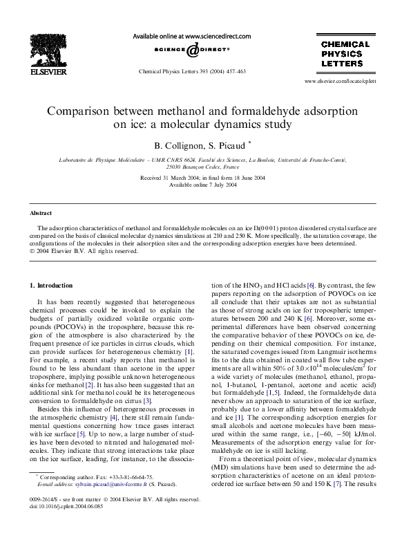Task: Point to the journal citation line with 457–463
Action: [192, 71]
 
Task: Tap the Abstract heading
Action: [40, 214]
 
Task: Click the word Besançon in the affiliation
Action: [178, 167]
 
